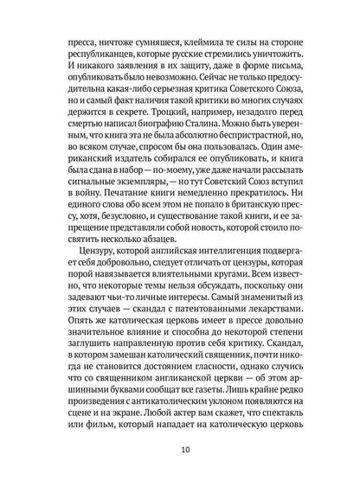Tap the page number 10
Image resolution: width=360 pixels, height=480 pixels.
tap(180, 449)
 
